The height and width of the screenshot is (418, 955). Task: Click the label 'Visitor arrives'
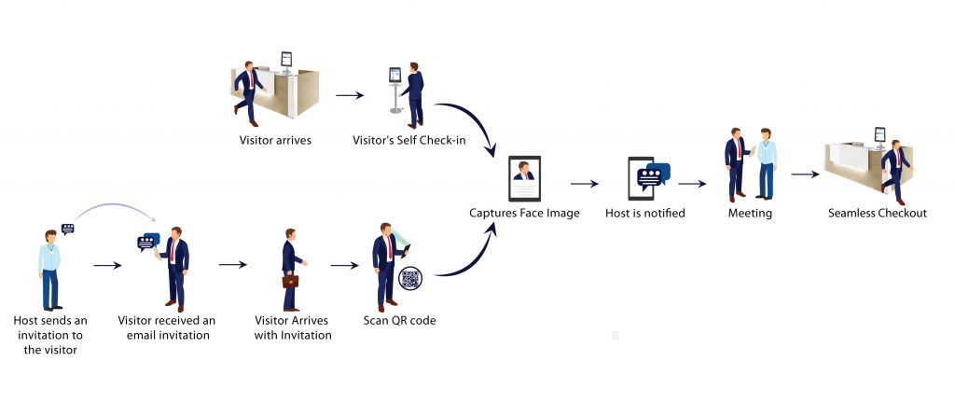coord(274,141)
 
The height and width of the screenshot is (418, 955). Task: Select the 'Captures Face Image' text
coord(524,213)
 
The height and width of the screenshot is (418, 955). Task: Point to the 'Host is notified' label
coord(645,213)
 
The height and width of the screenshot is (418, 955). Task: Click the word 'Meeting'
coord(750,213)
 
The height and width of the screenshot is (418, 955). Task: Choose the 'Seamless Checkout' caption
coord(878,213)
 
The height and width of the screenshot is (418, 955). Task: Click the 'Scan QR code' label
coord(399,321)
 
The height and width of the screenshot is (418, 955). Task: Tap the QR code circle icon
coord(411,279)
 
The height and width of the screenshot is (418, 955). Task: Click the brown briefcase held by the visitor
coord(290,279)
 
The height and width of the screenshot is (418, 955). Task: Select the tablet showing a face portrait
coord(524,179)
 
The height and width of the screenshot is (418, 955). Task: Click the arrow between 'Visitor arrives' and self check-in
coord(350,95)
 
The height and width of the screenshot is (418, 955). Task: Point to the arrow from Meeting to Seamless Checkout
coord(804,174)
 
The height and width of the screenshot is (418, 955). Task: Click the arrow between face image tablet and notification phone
coord(585,185)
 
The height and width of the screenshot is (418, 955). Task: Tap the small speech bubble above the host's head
coord(67,229)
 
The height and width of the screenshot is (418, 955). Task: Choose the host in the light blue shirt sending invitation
coord(50,266)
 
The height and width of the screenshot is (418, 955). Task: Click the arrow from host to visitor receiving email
coord(107,266)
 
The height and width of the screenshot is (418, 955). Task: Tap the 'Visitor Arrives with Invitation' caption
coord(293,327)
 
